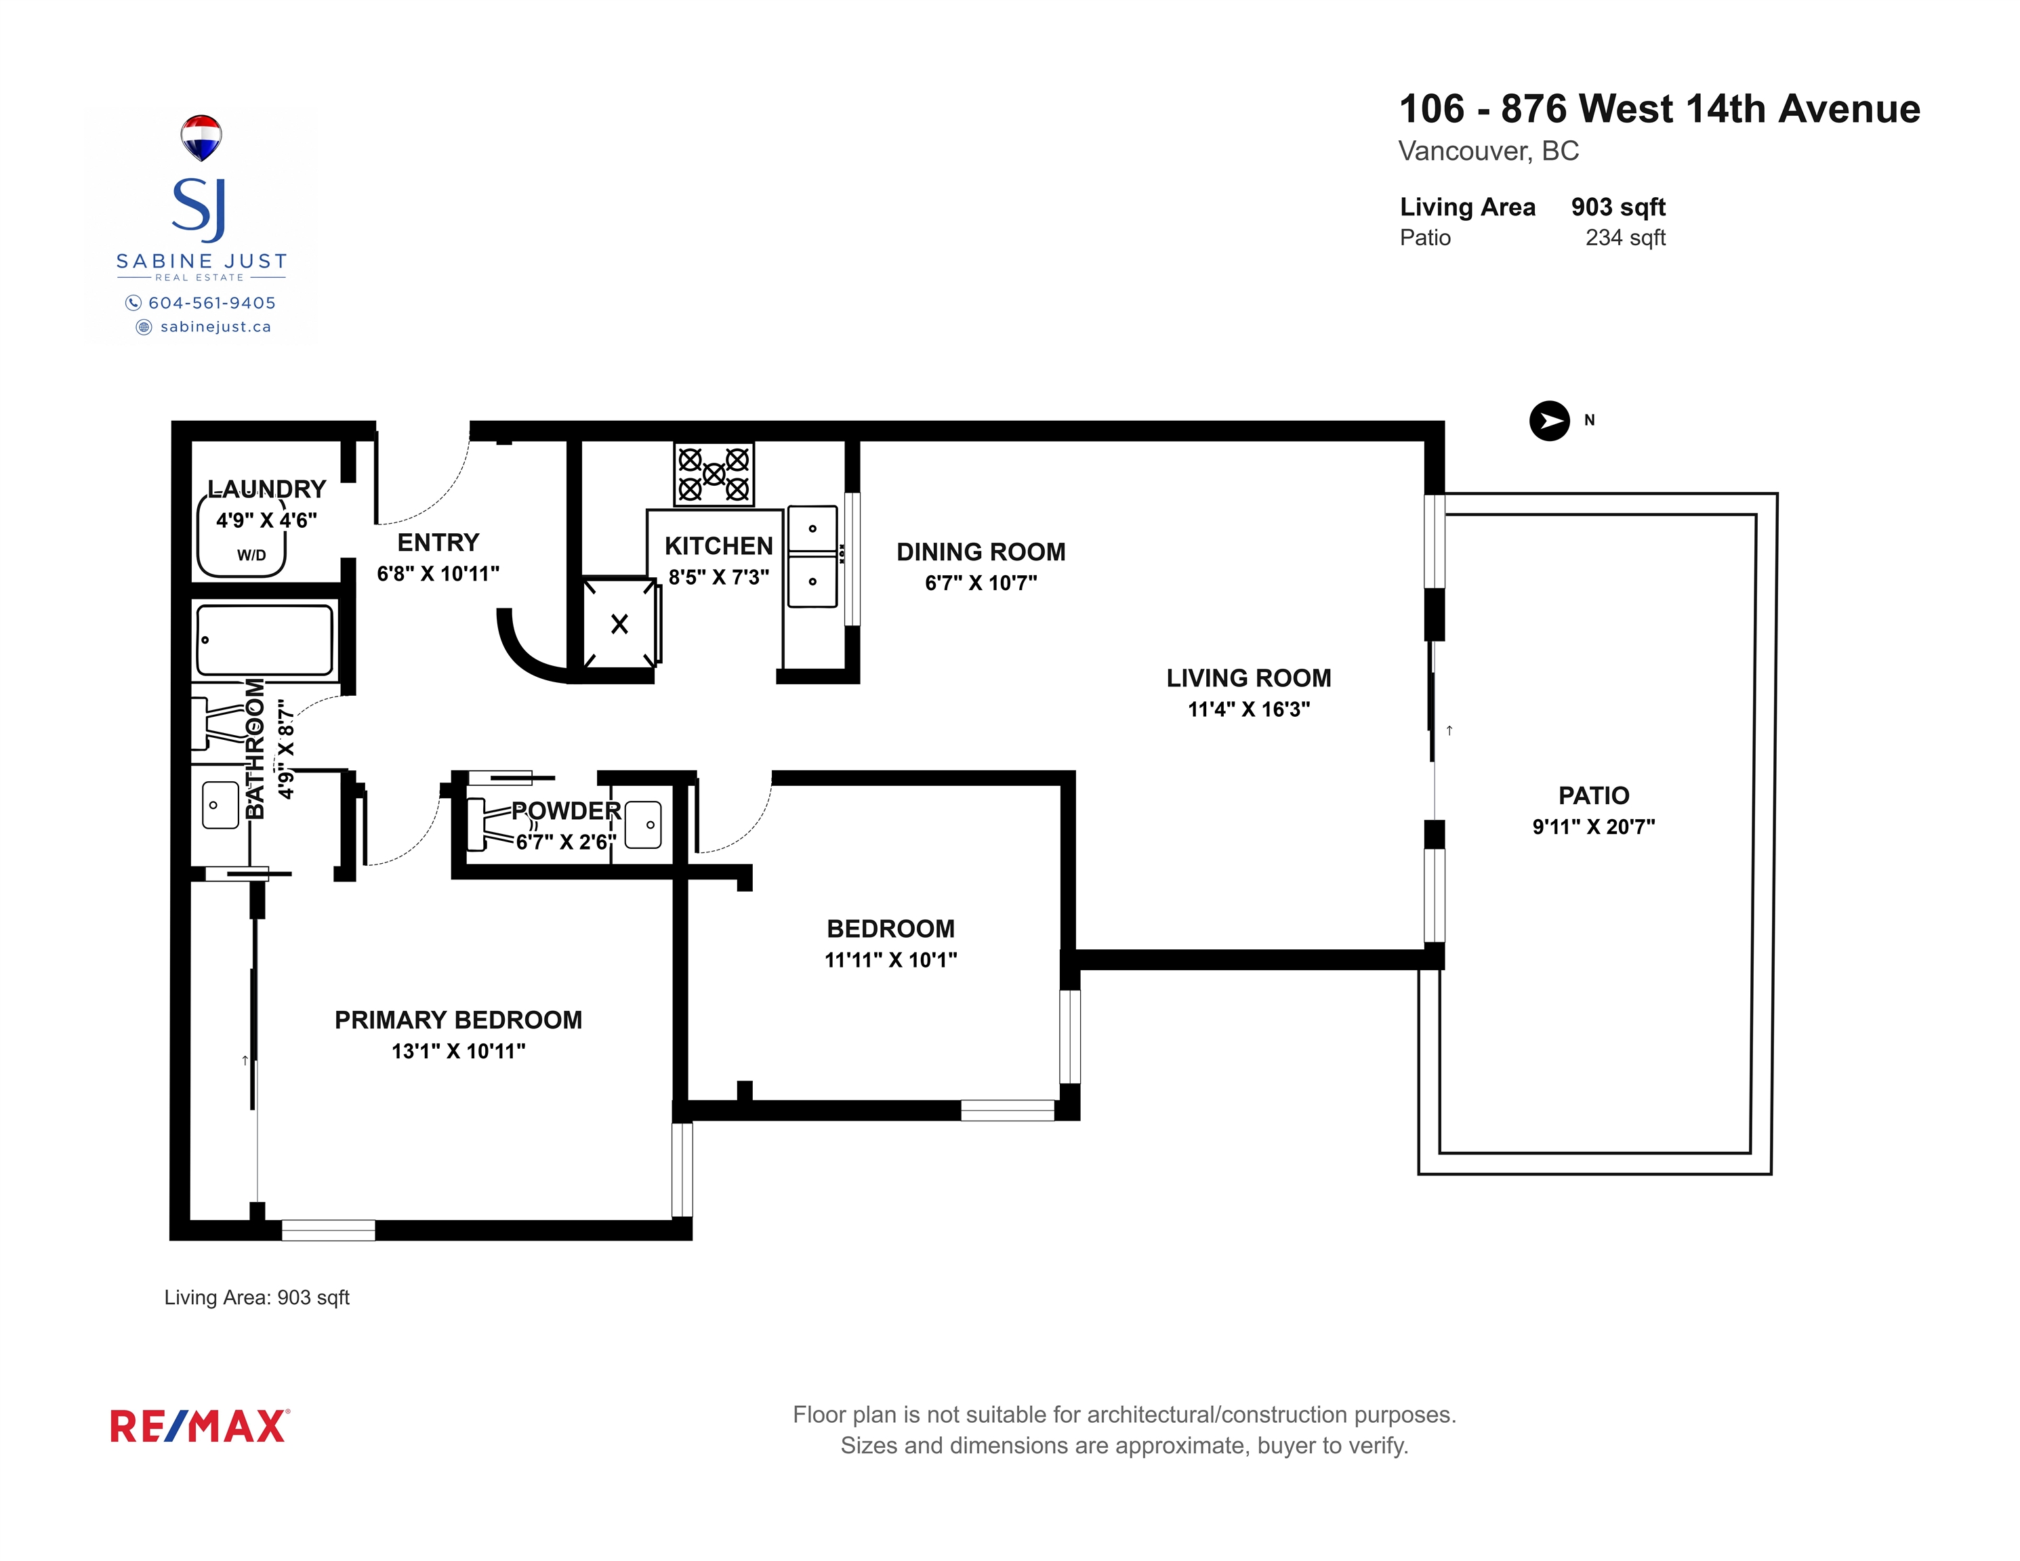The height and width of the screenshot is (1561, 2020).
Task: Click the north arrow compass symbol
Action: click(x=1549, y=421)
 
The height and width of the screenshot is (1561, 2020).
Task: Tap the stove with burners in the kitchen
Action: click(x=713, y=474)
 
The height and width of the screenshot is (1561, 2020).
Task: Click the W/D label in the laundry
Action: click(x=251, y=555)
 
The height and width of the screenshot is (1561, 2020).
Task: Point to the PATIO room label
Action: click(x=1594, y=795)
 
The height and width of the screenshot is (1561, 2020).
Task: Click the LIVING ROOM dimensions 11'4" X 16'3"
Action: click(x=1249, y=709)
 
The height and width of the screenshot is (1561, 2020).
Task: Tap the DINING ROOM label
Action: click(x=981, y=552)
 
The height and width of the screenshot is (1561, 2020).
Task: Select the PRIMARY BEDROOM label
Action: click(x=458, y=1020)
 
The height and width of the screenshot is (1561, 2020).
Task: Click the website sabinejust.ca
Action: click(x=215, y=327)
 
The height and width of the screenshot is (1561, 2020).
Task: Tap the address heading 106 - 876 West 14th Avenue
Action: click(x=1660, y=109)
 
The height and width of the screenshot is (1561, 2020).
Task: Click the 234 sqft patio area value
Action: click(x=1625, y=238)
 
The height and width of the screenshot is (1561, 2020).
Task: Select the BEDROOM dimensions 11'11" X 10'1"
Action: click(x=890, y=960)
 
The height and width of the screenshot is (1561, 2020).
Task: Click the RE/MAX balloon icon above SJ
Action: click(x=201, y=137)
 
